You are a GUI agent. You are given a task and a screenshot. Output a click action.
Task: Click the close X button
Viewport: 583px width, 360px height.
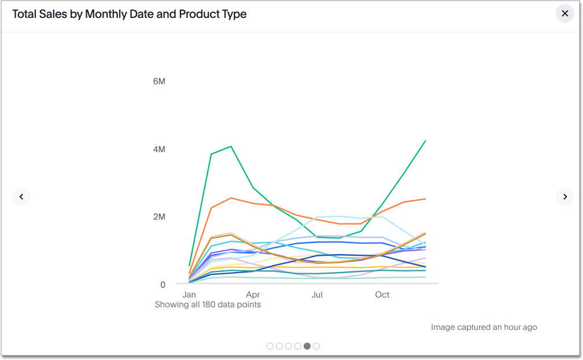tap(565, 13)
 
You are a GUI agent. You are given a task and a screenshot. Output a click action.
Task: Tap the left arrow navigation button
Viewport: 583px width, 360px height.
tap(21, 197)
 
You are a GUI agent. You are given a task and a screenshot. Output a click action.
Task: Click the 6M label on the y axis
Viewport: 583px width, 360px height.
tap(159, 81)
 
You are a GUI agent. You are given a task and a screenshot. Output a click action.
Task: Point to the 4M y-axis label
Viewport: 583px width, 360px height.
tap(159, 149)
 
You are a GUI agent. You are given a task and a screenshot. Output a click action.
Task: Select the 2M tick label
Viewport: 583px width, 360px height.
tap(159, 217)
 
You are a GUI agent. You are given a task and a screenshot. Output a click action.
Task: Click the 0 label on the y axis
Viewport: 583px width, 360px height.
tap(163, 285)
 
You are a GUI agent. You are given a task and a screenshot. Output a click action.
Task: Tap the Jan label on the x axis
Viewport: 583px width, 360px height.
tap(189, 295)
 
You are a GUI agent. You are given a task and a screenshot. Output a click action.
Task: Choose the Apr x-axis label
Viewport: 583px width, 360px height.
tap(253, 295)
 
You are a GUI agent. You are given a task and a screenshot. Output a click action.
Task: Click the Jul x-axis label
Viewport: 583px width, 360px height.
tap(317, 295)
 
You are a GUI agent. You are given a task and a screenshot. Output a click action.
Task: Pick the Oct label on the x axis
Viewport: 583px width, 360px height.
tap(382, 295)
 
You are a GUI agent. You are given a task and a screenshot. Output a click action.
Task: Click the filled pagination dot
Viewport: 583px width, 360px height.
tap(307, 346)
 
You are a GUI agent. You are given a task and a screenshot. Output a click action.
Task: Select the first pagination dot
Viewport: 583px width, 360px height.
tap(270, 346)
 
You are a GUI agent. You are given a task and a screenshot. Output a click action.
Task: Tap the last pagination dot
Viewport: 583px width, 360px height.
tap(316, 346)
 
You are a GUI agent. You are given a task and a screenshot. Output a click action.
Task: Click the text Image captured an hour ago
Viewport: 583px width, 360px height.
tap(484, 327)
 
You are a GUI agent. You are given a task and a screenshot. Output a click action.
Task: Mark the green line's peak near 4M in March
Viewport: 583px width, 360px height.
tap(231, 146)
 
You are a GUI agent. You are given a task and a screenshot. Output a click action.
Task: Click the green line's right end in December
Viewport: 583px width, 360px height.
tap(426, 141)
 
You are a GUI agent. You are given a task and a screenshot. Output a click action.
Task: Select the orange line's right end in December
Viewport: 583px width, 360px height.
tap(426, 199)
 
